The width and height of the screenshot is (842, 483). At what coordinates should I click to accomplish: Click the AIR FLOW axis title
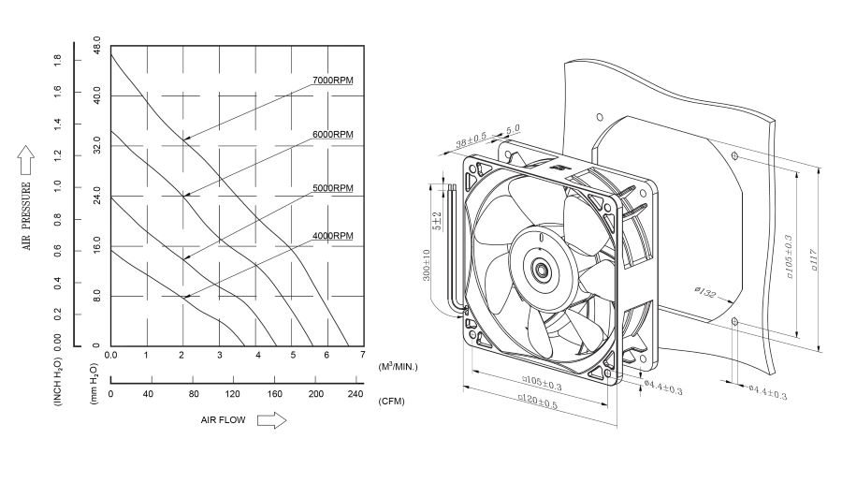[x=223, y=420]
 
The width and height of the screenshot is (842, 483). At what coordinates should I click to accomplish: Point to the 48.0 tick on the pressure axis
[x=96, y=44]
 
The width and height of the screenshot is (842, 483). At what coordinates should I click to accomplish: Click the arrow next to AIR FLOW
[x=271, y=420]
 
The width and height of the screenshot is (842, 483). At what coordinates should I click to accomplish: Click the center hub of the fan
[x=541, y=271]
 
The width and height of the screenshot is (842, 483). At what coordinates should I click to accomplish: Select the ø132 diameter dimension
[x=706, y=293]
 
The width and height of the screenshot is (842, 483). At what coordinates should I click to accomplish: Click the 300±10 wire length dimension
[x=427, y=265]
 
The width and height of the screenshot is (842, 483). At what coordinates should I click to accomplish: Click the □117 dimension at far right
[x=817, y=256]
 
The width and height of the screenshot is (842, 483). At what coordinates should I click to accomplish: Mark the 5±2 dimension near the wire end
[x=436, y=221]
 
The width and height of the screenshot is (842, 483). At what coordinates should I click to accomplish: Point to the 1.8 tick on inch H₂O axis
[x=57, y=58]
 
